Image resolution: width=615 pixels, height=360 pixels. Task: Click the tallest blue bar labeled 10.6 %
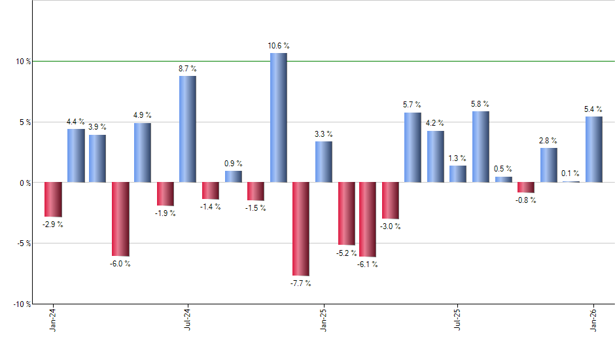point(278,118)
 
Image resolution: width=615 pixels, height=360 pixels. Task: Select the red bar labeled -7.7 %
point(300,228)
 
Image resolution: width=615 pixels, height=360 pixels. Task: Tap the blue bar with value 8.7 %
point(188,129)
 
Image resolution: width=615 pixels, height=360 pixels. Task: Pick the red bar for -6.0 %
point(120,219)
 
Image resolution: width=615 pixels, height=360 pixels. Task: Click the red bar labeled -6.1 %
point(368,219)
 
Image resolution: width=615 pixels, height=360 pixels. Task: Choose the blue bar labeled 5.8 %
point(481,147)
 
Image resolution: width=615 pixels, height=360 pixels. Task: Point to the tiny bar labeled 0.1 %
point(571,181)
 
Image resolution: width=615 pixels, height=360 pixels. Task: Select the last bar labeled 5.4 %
point(593,149)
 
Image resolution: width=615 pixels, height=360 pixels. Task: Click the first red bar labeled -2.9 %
point(53,200)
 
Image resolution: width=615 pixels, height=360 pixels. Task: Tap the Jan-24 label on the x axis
point(53,320)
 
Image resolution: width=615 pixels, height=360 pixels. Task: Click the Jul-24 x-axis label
point(188,320)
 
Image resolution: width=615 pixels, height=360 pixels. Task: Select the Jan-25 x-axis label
point(323,320)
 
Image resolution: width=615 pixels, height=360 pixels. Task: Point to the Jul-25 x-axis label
point(458,320)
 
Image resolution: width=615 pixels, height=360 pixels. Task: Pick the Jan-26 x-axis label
point(593,320)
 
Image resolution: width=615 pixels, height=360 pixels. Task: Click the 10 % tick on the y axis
point(24,62)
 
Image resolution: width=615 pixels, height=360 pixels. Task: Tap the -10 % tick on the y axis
point(22,304)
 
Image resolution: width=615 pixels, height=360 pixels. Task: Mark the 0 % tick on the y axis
point(26,183)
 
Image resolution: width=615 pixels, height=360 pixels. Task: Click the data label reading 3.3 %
point(323,134)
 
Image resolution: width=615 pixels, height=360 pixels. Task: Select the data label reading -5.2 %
point(347,253)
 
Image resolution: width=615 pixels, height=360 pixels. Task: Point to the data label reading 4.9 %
point(143,116)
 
